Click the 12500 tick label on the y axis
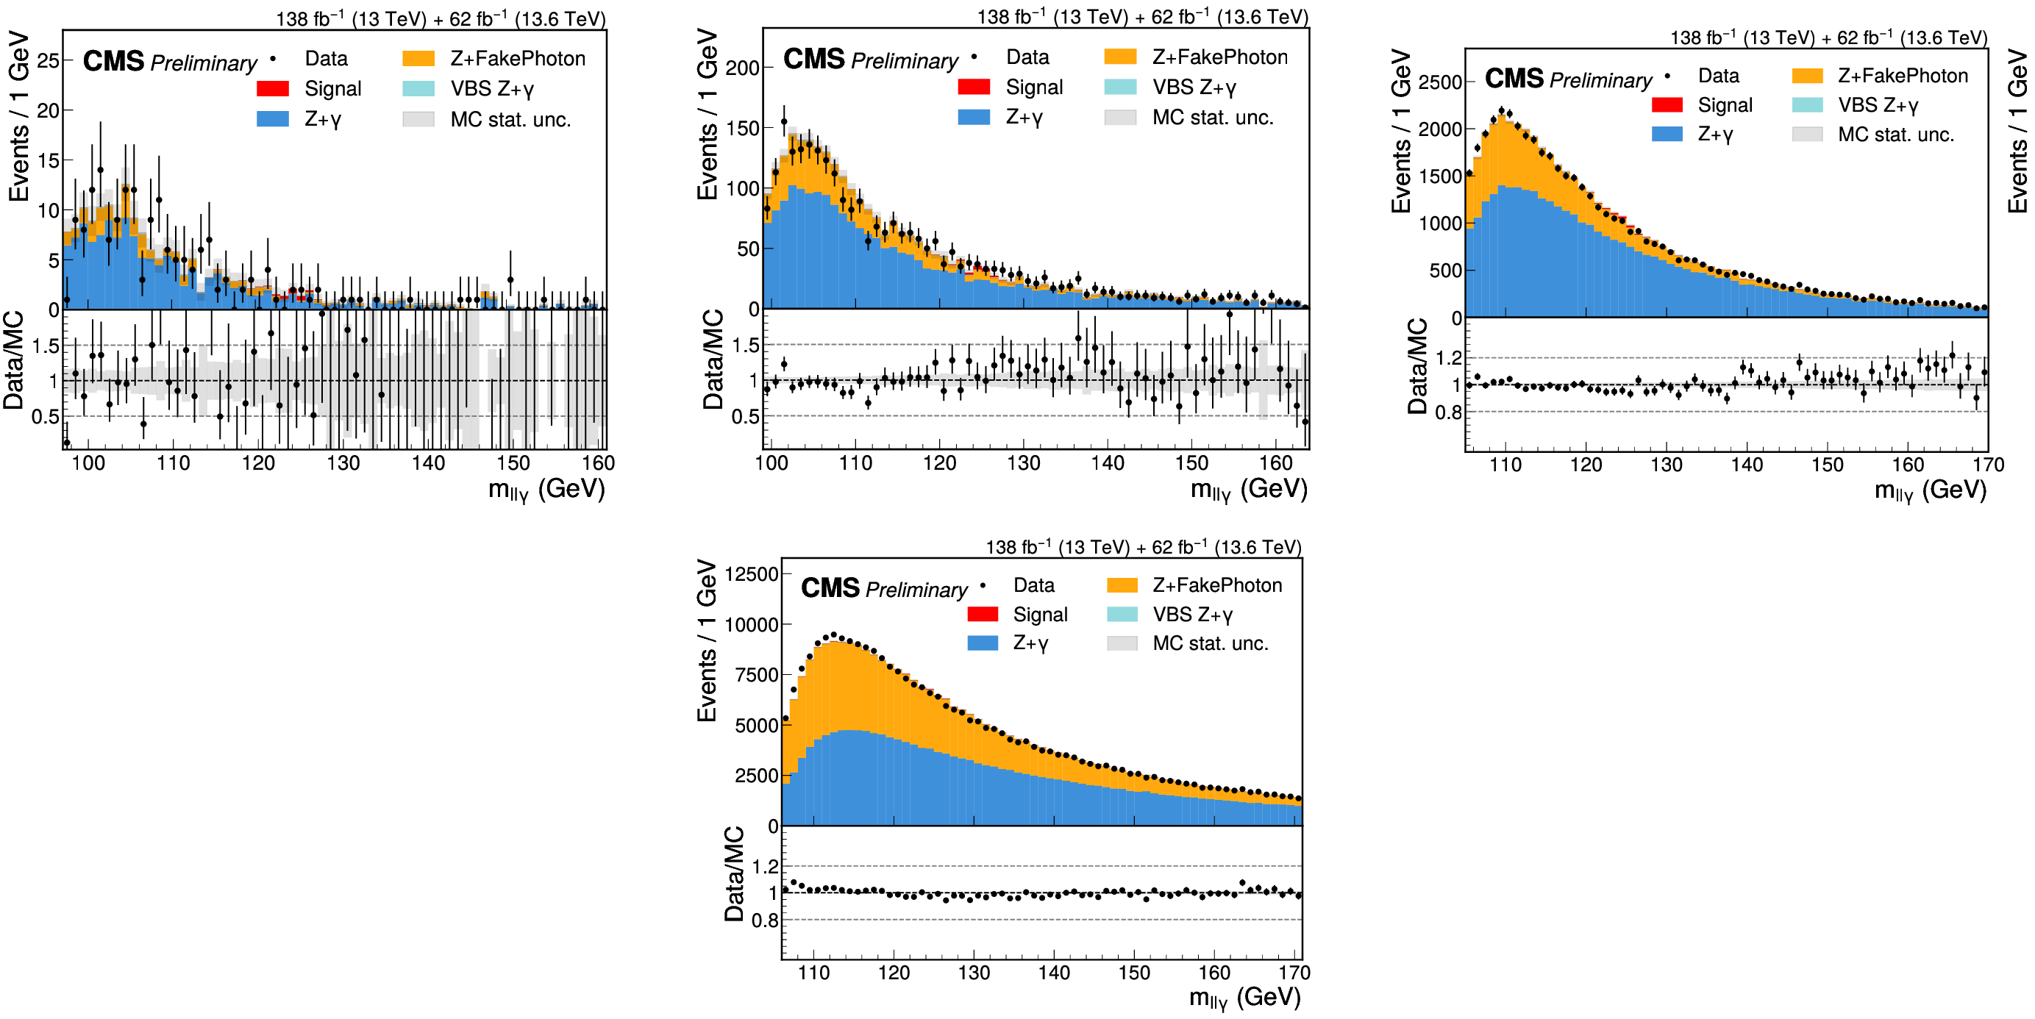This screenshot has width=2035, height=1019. [752, 574]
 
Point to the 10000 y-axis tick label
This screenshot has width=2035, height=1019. [752, 625]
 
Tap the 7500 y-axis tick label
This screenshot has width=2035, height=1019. [757, 676]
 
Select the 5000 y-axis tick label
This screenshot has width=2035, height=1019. [757, 726]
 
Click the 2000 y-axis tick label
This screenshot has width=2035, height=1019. [1440, 129]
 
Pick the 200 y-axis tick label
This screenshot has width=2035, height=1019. [743, 68]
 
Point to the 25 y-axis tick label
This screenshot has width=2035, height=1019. [49, 61]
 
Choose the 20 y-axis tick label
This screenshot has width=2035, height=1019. [49, 110]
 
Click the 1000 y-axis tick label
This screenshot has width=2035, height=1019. [1440, 224]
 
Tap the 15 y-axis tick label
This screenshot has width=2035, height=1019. [49, 160]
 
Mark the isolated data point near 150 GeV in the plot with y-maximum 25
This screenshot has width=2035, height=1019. [510, 279]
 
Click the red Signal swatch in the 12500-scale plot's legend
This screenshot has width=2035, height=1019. [983, 614]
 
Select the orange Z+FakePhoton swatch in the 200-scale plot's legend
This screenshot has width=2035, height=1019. [1120, 57]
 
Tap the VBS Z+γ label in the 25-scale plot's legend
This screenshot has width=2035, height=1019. [492, 89]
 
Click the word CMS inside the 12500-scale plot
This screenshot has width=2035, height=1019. [830, 587]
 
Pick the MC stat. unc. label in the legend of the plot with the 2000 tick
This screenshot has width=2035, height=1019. [1896, 135]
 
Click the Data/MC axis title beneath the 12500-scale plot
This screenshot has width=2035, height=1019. [734, 873]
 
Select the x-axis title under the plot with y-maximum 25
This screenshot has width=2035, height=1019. [546, 490]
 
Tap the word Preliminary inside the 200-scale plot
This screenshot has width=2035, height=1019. [905, 61]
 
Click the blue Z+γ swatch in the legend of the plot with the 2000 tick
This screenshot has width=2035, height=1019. [1667, 134]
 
